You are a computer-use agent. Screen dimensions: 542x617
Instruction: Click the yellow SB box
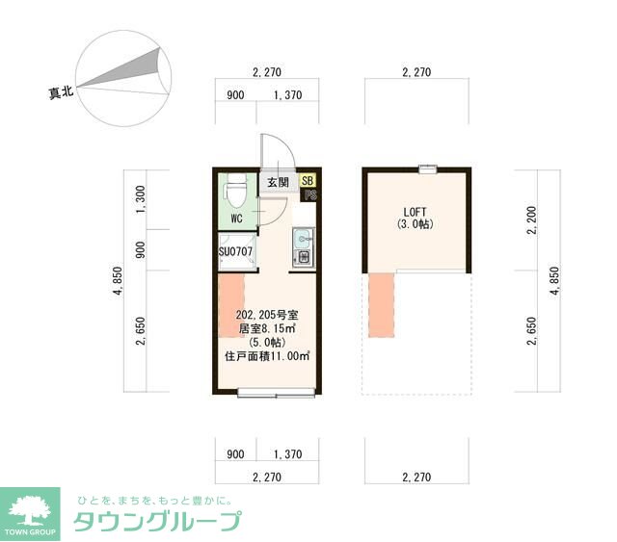point(307,180)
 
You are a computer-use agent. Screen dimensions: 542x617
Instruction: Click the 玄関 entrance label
point(278,181)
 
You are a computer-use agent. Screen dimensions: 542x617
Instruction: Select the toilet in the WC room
point(233,193)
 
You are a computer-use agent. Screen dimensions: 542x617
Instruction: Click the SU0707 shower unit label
point(234,251)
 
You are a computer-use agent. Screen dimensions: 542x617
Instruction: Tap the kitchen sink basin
point(301,237)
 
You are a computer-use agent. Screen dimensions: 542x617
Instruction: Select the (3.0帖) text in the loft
point(416,225)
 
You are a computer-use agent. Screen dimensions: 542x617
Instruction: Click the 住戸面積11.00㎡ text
point(267,355)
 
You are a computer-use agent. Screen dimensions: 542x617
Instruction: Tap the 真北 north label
point(62,93)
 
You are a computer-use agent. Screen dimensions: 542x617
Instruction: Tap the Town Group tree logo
point(33,509)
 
